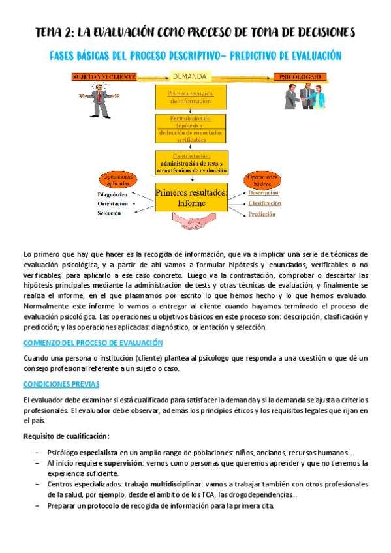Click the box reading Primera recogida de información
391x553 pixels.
(x=191, y=98)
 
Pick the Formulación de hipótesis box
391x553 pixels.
(x=191, y=129)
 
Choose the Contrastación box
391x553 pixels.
(x=191, y=162)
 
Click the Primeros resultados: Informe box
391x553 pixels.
(x=191, y=198)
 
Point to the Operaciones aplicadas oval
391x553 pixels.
(x=117, y=181)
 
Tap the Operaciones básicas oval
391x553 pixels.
(x=262, y=181)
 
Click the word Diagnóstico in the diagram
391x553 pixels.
(x=112, y=194)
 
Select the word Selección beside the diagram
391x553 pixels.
(x=110, y=213)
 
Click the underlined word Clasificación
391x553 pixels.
(x=264, y=203)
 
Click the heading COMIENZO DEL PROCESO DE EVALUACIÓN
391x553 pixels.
(x=93, y=342)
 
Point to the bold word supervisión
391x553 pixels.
(x=112, y=462)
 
